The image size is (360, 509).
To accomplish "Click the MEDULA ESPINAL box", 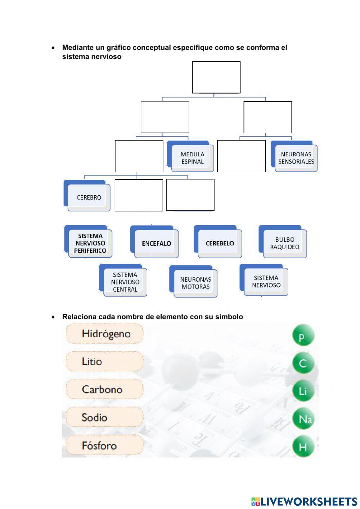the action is [190, 156].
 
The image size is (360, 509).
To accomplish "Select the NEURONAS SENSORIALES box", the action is [294, 156].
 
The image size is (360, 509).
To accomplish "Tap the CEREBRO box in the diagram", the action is [87, 195].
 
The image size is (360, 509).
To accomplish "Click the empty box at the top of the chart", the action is [216, 77].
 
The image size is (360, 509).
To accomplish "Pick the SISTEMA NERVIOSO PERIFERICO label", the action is [88, 241].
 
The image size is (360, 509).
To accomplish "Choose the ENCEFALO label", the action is [154, 242].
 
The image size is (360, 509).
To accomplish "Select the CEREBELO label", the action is [218, 241].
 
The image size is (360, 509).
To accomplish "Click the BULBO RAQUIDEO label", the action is [283, 241].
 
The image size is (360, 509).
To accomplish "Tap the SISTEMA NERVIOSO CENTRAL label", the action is [123, 280].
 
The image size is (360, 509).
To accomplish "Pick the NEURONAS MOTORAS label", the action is [193, 281].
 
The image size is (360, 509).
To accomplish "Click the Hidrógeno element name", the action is [105, 334].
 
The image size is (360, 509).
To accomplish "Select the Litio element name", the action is [105, 362].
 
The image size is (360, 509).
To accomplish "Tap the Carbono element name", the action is [105, 389].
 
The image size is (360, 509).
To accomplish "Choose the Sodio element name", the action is [105, 418].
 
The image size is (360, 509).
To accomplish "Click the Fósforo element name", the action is [105, 445].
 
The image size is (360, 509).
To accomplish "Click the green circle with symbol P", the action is [303, 335].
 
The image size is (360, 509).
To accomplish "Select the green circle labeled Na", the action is [303, 419].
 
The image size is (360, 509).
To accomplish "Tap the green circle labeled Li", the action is [303, 390].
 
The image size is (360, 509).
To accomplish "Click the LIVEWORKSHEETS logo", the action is [304, 501].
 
